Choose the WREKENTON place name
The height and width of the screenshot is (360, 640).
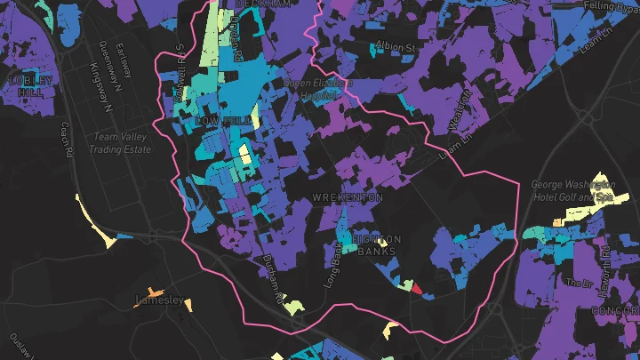348,196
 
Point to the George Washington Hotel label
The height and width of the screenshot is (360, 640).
572,190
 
